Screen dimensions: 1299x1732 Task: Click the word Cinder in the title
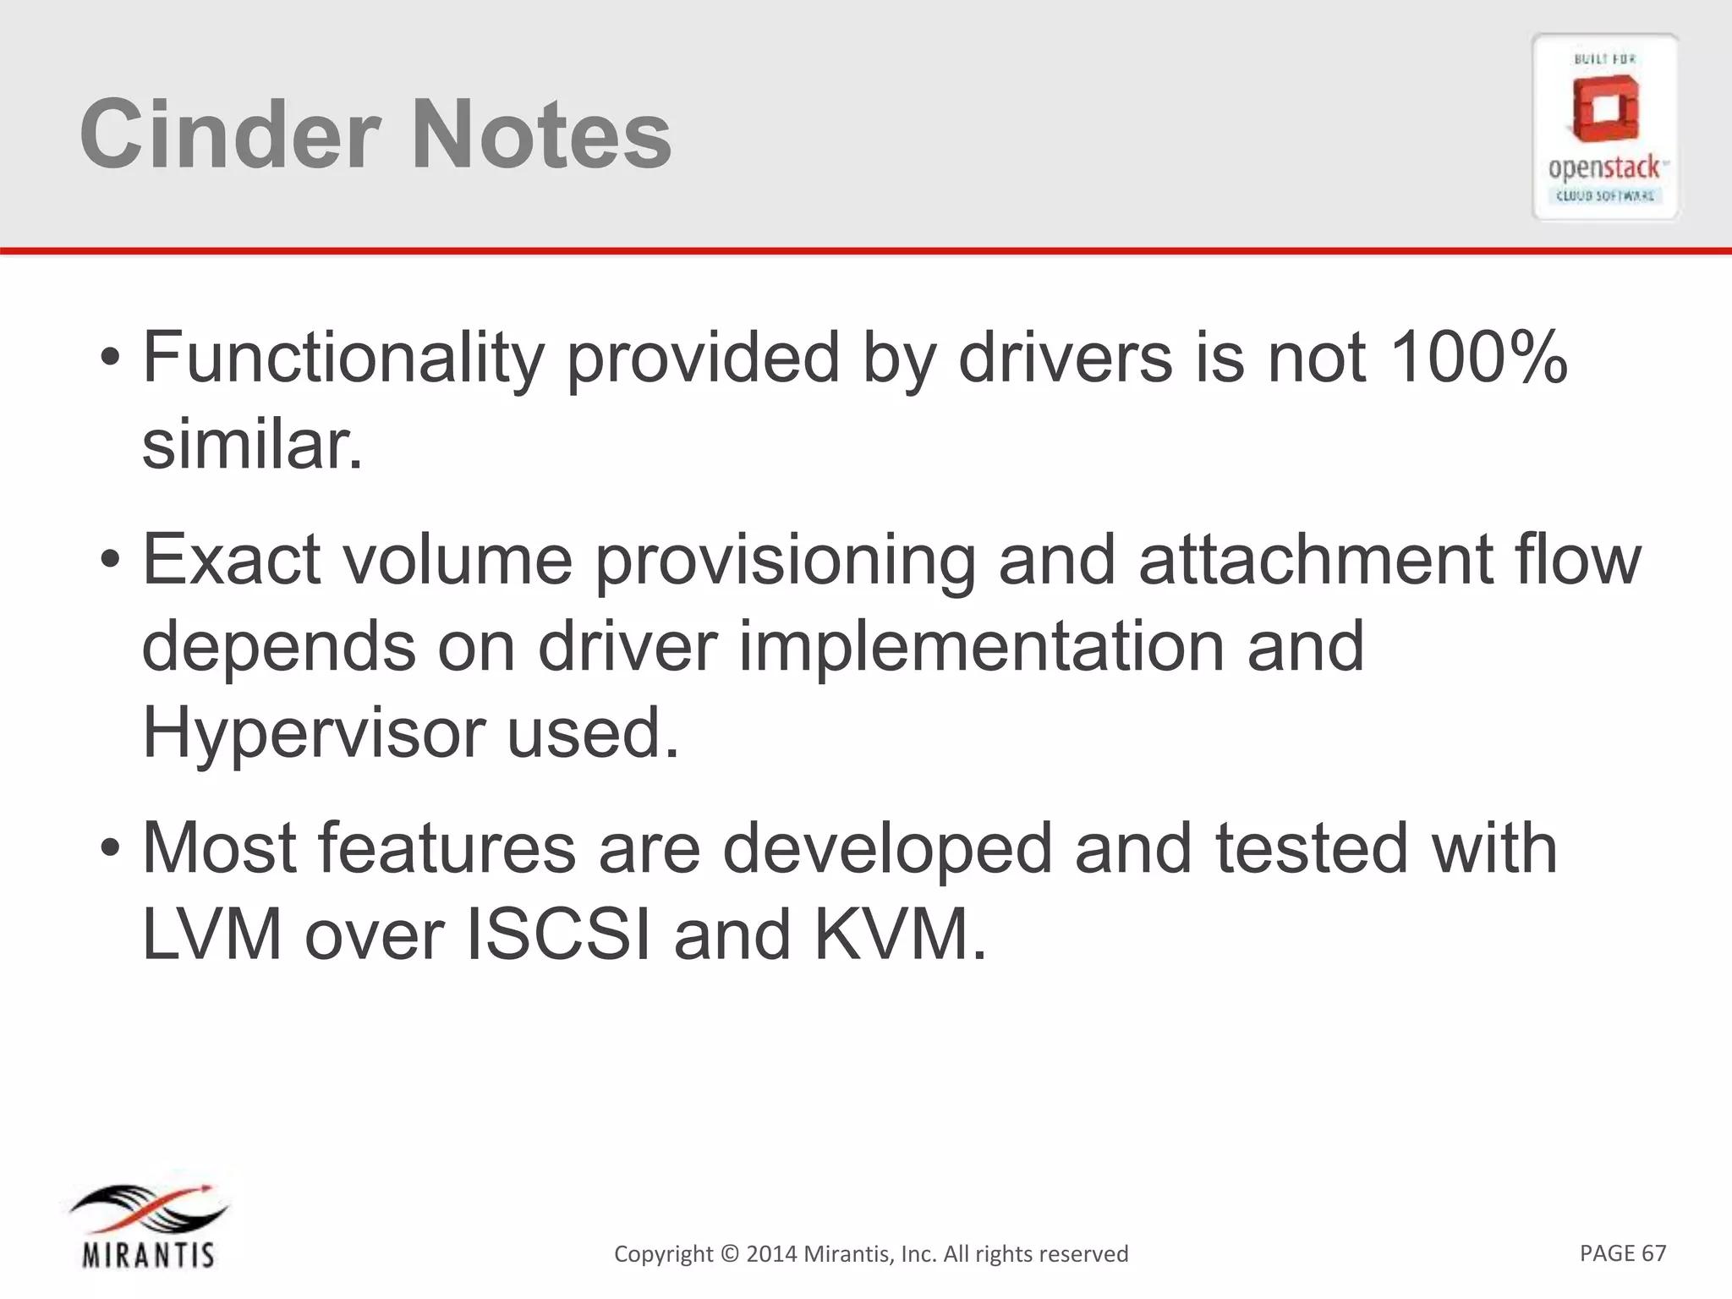tap(228, 134)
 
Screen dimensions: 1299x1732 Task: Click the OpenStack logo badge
tap(1604, 127)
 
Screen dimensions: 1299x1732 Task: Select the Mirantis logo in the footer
tap(148, 1226)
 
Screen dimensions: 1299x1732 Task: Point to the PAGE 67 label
tap(1622, 1253)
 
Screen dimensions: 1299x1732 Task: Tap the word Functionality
tap(343, 359)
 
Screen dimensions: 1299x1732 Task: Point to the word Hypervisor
tap(312, 733)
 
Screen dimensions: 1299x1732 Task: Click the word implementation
tap(981, 647)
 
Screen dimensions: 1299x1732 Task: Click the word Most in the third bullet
tap(218, 848)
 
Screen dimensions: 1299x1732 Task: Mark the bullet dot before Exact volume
tap(110, 561)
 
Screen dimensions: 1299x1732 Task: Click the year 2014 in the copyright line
tap(771, 1254)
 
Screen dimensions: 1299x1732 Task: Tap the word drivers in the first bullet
tap(1065, 357)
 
